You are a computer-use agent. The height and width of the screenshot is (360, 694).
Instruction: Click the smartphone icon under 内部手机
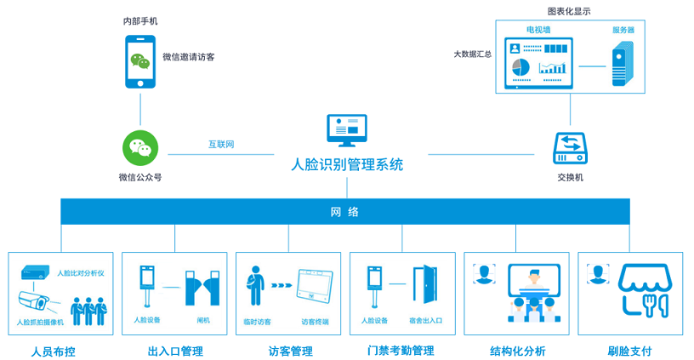pyautogui.click(x=140, y=61)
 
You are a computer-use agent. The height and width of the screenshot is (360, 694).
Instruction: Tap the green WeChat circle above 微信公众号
pyautogui.click(x=140, y=148)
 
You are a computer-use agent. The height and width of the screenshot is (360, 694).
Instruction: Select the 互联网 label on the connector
pyautogui.click(x=221, y=145)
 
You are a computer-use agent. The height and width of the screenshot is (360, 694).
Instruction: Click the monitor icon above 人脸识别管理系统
pyautogui.click(x=347, y=130)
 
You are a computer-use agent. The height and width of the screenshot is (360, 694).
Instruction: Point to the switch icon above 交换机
pyautogui.click(x=570, y=148)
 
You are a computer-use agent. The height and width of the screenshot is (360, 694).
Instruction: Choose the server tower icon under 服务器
pyautogui.click(x=623, y=63)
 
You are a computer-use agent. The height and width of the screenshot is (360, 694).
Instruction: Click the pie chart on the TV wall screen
pyautogui.click(x=521, y=67)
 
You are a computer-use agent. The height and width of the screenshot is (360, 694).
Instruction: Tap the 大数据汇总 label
pyautogui.click(x=473, y=54)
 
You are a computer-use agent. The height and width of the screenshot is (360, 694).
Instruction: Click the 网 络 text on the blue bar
pyautogui.click(x=344, y=212)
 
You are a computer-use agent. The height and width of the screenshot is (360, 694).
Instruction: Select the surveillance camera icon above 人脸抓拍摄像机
pyautogui.click(x=34, y=301)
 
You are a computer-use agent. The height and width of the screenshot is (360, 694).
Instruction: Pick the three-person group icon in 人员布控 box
pyautogui.click(x=89, y=311)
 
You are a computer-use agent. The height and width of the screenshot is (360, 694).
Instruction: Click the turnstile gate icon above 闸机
pyautogui.click(x=202, y=288)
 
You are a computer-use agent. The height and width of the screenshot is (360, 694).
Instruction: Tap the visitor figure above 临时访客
pyautogui.click(x=255, y=286)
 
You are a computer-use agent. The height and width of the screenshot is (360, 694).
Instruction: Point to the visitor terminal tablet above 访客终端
pyautogui.click(x=316, y=286)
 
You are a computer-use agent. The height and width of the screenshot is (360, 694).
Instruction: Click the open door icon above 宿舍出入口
pyautogui.click(x=425, y=284)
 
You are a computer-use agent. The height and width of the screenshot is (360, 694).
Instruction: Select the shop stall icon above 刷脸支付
pyautogui.click(x=645, y=290)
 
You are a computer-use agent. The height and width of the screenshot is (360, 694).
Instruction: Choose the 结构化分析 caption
pyautogui.click(x=517, y=351)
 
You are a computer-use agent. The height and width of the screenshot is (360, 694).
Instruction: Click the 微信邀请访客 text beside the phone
pyautogui.click(x=189, y=57)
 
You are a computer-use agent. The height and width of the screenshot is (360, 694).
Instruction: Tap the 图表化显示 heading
pyautogui.click(x=569, y=12)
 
